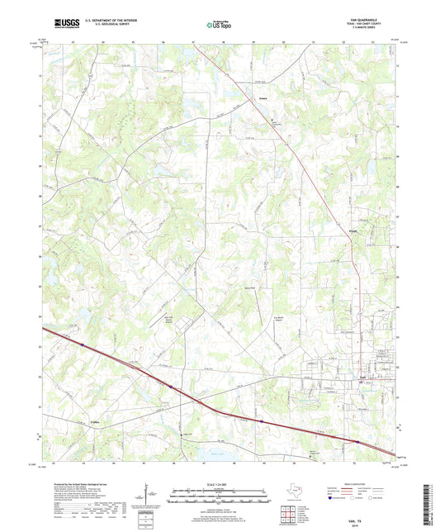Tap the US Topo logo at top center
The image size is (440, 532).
[x=220, y=26]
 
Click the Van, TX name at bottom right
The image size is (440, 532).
[x=364, y=517]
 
